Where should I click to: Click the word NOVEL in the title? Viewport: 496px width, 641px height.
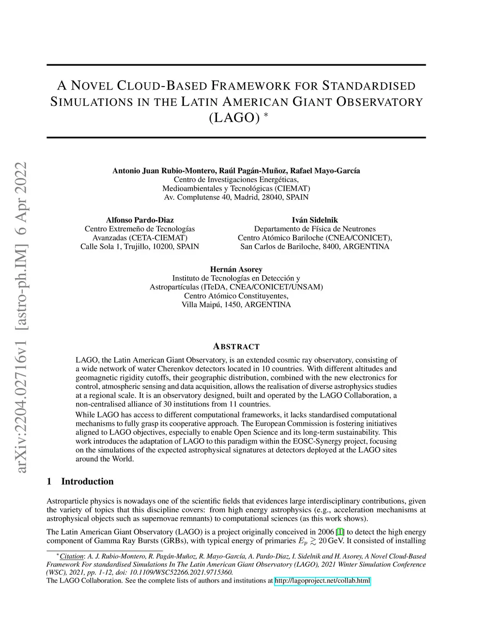tap(92, 86)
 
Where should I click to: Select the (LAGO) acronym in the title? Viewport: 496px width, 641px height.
tap(232, 118)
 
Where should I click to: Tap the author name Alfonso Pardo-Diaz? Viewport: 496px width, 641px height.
tap(139, 220)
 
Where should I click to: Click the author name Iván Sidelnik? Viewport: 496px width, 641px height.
tap(315, 220)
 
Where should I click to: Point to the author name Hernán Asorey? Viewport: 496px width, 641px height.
tap(236, 269)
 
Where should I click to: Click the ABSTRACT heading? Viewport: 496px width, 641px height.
tap(236, 347)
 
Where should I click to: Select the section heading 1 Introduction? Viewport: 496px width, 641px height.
tap(80, 481)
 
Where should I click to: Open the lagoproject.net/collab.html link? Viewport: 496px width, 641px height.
tap(322, 581)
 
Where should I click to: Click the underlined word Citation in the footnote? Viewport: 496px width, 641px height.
tap(72, 556)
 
